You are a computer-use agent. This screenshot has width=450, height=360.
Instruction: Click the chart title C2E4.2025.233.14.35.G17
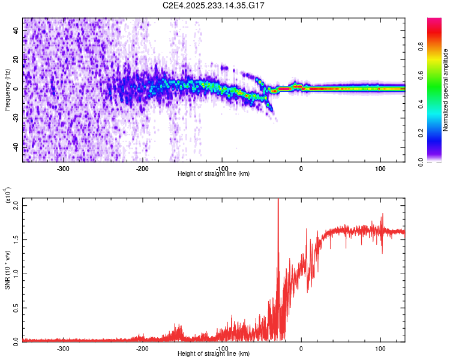click(x=214, y=5)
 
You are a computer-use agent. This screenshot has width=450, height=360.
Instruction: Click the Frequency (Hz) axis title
click(x=7, y=89)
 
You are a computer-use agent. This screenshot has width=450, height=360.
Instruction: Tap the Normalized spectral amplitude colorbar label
click(x=445, y=90)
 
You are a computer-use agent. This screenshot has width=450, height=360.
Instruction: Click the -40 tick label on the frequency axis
click(x=16, y=146)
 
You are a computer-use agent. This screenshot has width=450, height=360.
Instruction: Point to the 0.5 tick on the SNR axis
click(x=16, y=307)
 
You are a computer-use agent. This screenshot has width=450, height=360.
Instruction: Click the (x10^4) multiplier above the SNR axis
click(x=8, y=196)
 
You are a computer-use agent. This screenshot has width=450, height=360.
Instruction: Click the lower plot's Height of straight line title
click(x=214, y=354)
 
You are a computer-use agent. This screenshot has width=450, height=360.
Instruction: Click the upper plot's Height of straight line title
click(x=214, y=174)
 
